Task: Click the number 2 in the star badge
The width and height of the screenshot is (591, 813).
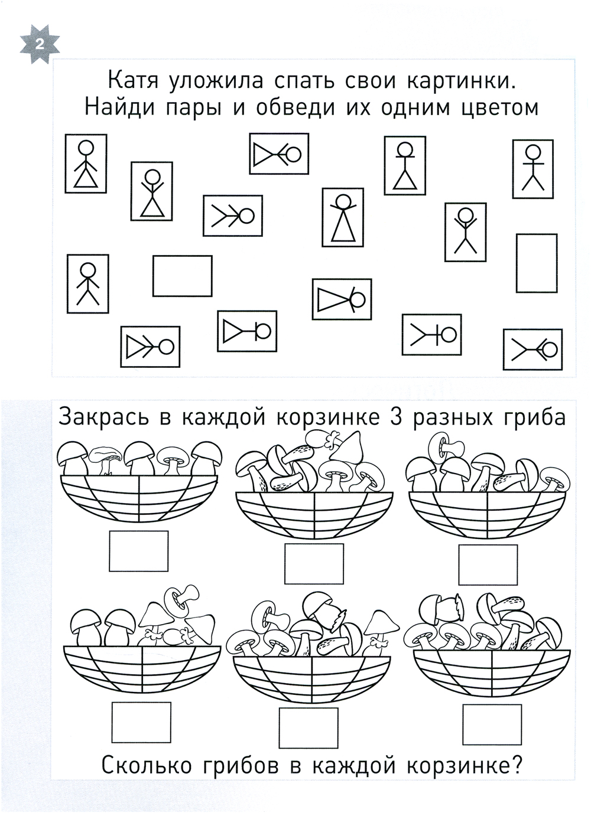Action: tap(39, 45)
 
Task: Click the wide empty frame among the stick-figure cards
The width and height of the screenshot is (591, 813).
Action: tap(183, 276)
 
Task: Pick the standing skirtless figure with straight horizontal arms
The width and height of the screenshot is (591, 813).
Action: tap(533, 169)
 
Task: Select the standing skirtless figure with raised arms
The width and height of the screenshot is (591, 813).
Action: tap(465, 232)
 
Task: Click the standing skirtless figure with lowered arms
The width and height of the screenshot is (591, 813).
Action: tap(87, 283)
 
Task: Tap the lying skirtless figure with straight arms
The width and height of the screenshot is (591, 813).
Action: tap(431, 335)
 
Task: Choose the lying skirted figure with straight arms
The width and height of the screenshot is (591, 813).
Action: tap(247, 331)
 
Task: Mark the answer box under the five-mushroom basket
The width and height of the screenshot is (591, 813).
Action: tap(139, 551)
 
